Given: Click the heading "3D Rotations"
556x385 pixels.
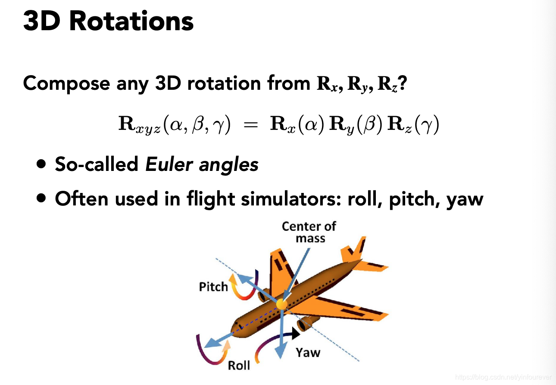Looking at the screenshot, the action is pyautogui.click(x=108, y=21).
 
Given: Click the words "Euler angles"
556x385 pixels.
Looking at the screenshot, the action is pyautogui.click(x=202, y=164).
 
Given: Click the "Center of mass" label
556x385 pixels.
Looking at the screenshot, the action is pyautogui.click(x=309, y=232).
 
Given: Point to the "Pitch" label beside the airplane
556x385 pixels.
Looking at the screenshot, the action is pyautogui.click(x=213, y=287).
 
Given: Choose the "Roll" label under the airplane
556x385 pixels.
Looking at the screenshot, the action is pyautogui.click(x=239, y=366).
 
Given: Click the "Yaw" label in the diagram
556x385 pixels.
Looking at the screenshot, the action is pyautogui.click(x=308, y=353).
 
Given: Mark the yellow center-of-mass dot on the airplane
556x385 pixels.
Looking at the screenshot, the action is pyautogui.click(x=281, y=304).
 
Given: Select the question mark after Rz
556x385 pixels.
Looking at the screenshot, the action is pyautogui.click(x=403, y=83).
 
